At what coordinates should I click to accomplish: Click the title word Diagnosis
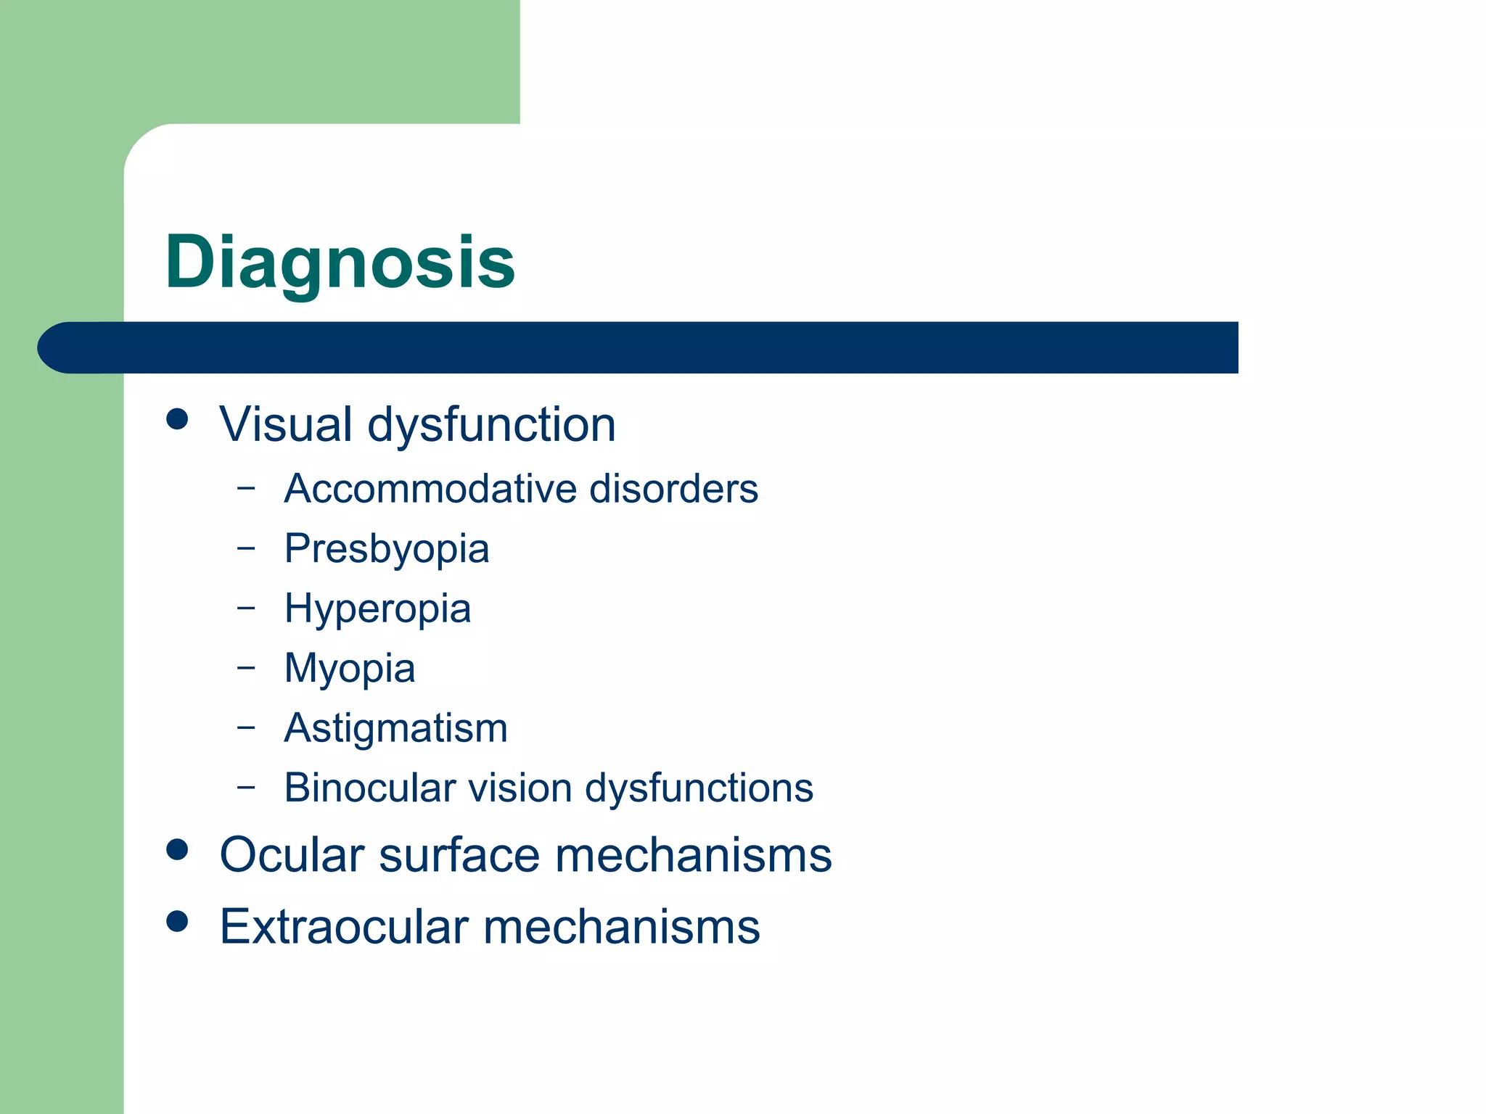coord(340,263)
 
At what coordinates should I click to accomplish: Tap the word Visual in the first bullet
coord(286,424)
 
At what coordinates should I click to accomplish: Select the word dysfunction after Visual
coord(491,425)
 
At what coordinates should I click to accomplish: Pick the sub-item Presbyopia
coord(387,549)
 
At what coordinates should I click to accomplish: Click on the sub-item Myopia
coord(350,669)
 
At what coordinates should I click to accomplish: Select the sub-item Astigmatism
coord(396,728)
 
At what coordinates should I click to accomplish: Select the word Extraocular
coord(344,926)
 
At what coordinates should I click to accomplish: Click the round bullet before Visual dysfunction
coord(177,418)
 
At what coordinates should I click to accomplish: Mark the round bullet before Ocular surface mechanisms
coord(177,849)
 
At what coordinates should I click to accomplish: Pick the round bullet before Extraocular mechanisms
coord(177,921)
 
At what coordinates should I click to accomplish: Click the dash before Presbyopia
coord(246,548)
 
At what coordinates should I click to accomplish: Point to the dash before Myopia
coord(246,667)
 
